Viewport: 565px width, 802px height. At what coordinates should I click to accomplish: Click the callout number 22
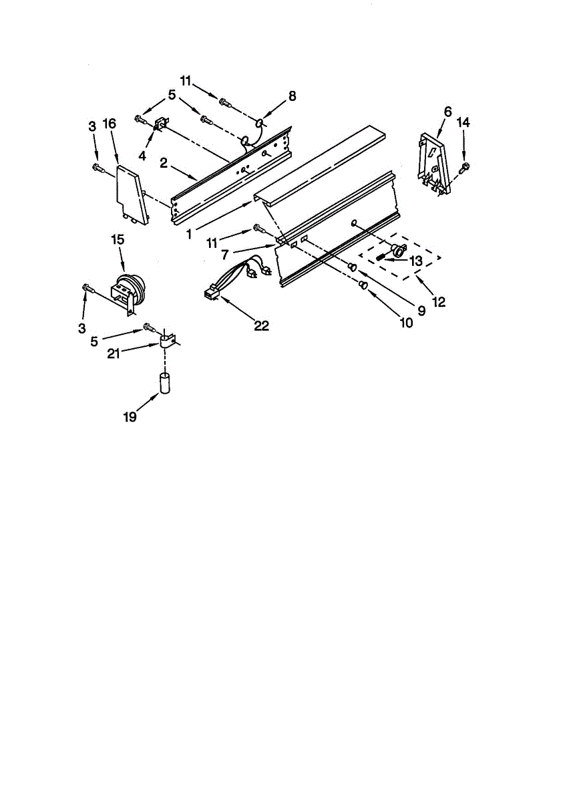(262, 325)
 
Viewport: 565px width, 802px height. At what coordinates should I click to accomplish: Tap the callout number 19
(130, 416)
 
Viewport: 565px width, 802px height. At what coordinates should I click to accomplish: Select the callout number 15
(118, 239)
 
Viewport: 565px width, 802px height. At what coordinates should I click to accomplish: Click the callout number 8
(292, 96)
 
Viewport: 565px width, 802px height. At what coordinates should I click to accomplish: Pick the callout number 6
(447, 112)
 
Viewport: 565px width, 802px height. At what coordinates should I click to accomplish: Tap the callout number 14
(463, 123)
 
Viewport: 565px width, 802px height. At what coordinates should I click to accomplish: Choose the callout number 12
(439, 301)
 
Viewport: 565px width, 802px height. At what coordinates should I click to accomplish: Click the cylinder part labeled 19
(165, 386)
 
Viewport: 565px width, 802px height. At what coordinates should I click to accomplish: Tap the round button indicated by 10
(363, 286)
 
